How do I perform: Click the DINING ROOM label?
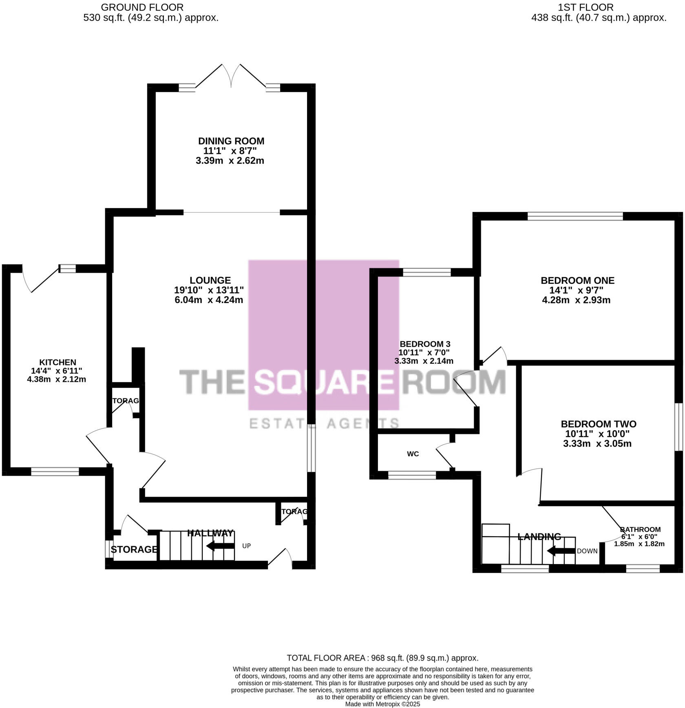231,141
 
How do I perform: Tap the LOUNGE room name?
210,280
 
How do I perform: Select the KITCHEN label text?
57,362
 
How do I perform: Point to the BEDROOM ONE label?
577,281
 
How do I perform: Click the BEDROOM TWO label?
598,424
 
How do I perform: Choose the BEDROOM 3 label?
425,344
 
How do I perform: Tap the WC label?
413,454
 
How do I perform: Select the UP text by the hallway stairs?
246,546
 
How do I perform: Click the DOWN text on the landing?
587,551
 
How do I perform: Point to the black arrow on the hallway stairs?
220,546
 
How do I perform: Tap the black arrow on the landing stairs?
560,551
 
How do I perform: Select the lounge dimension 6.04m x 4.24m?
208,300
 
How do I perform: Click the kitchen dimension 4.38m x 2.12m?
56,379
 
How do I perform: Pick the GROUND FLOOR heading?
142,7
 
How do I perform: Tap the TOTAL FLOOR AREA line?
382,658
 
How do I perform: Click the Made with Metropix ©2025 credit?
382,704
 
